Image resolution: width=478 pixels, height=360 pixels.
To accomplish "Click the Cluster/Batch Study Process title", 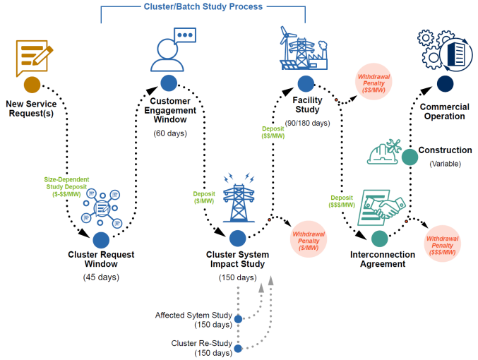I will (x=203, y=7).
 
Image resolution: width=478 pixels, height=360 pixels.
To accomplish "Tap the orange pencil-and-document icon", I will (x=32, y=57).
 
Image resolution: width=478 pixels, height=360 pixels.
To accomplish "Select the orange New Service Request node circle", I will (x=32, y=85).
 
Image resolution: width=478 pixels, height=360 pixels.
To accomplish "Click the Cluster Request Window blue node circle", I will (x=101, y=240).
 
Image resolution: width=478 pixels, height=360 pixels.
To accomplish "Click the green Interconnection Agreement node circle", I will (x=380, y=239).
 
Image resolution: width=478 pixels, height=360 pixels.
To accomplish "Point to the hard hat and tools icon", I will (x=384, y=152).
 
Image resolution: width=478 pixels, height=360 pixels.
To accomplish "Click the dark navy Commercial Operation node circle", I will (x=445, y=84).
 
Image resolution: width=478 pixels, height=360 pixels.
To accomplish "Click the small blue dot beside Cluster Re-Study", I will (x=239, y=348).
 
